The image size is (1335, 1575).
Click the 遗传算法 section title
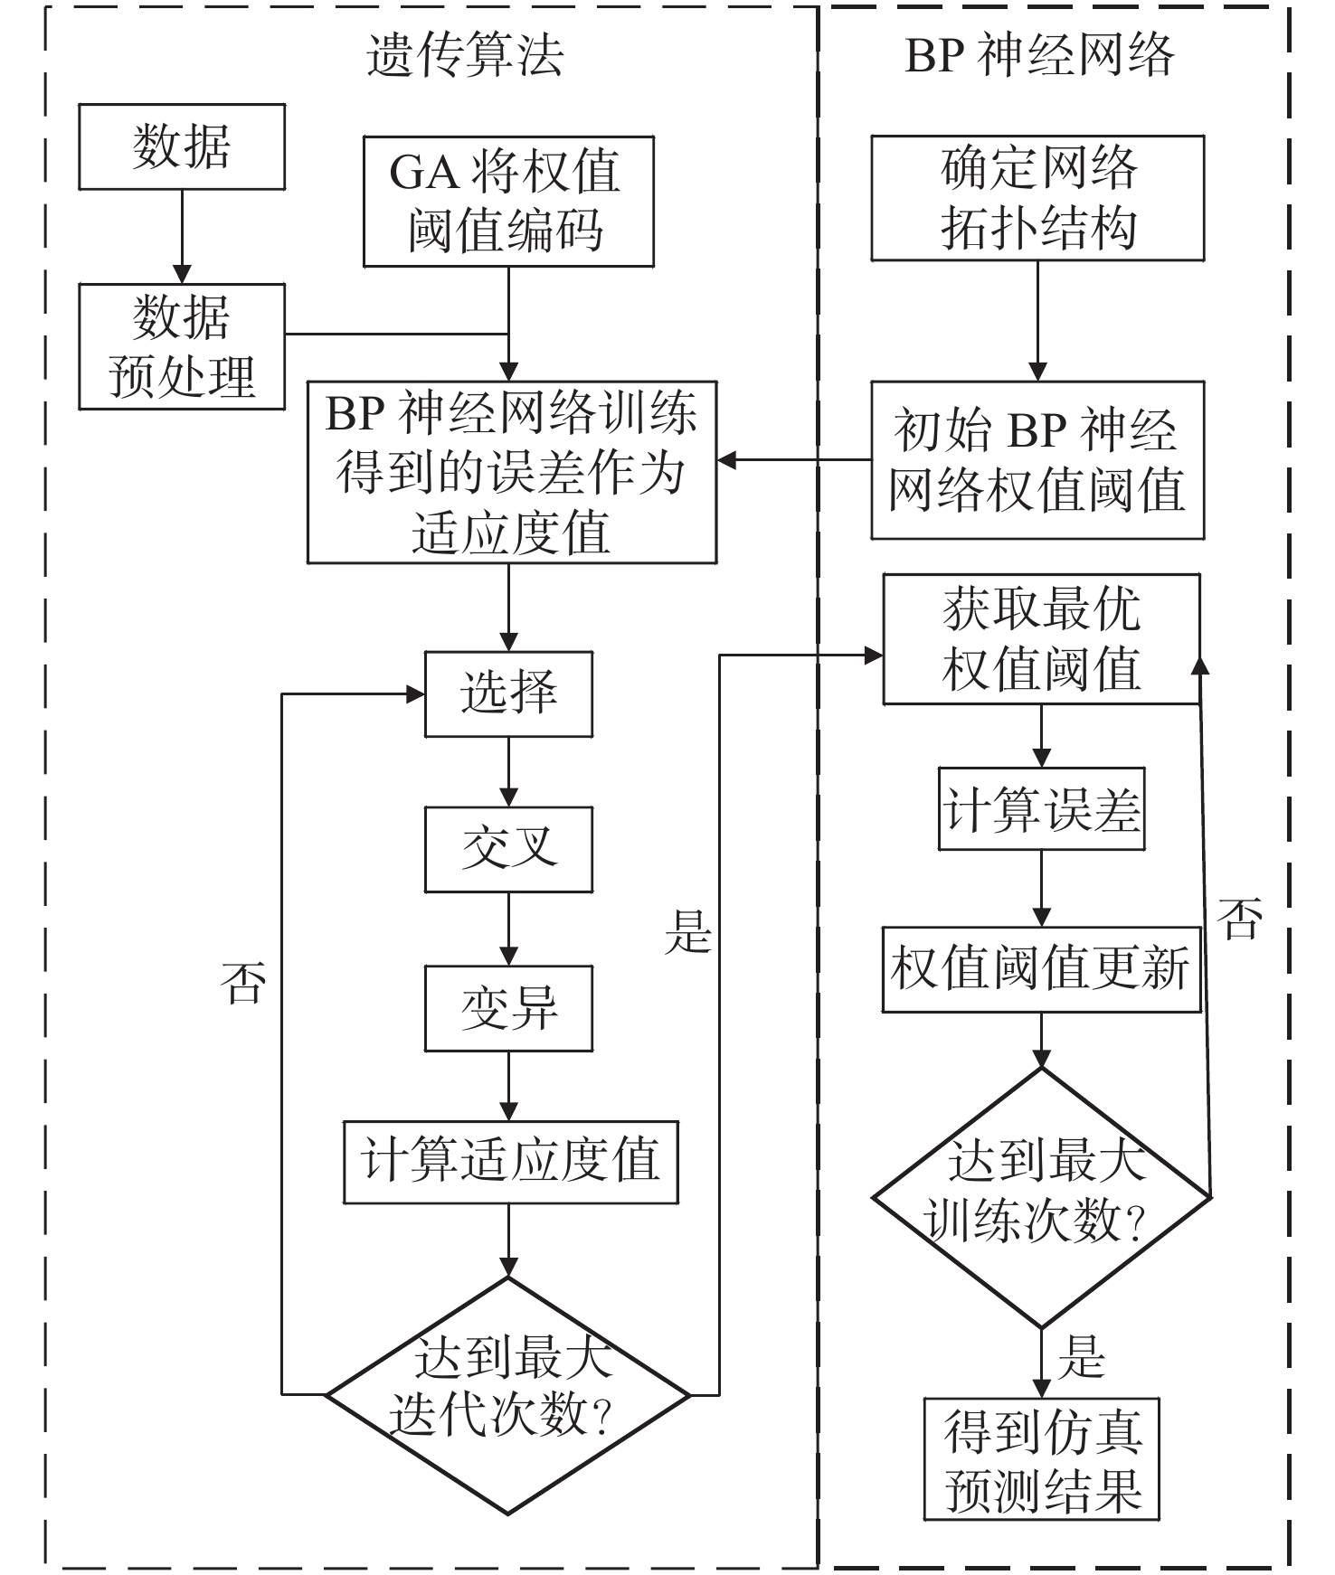[465, 56]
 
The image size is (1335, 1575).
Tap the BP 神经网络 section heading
[1039, 56]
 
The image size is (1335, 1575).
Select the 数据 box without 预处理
[182, 146]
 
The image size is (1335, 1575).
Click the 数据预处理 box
[182, 346]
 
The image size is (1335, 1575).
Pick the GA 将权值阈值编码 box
[508, 201]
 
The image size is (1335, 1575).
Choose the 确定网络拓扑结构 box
[1037, 198]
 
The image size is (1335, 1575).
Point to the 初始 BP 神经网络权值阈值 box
[1037, 460]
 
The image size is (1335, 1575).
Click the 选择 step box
[508, 693]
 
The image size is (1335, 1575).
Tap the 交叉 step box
[508, 850]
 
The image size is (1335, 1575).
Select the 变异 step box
[508, 1008]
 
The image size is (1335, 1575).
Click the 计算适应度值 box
[510, 1162]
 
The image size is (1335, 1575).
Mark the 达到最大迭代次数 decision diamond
[508, 1394]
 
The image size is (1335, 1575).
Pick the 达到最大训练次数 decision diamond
[1041, 1196]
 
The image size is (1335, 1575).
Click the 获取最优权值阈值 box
[1041, 638]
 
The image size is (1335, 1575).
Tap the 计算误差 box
[1041, 809]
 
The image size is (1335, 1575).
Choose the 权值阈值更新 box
[1041, 968]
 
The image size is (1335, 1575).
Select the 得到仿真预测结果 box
[1041, 1458]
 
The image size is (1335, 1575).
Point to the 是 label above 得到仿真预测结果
[1082, 1357]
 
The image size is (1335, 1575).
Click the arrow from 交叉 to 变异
[508, 929]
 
